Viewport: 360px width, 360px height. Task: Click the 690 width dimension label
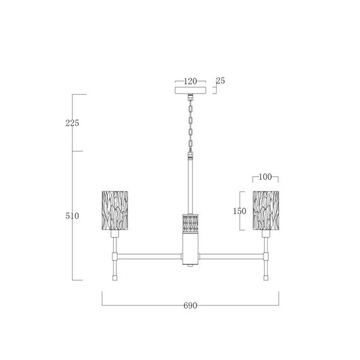pyautogui.click(x=190, y=305)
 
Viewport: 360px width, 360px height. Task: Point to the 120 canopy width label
pyautogui.click(x=190, y=81)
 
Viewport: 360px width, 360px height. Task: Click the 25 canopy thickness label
pyautogui.click(x=220, y=81)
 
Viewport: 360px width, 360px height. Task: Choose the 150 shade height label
pyautogui.click(x=239, y=212)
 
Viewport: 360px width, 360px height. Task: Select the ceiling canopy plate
pyautogui.click(x=190, y=90)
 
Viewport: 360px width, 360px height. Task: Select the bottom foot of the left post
pyautogui.click(x=115, y=277)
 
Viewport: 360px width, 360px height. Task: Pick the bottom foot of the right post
pyautogui.click(x=266, y=277)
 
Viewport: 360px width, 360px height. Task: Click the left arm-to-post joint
pyautogui.click(x=115, y=256)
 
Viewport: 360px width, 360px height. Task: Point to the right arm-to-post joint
pyautogui.click(x=266, y=256)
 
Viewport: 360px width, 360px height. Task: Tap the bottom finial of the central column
pyautogui.click(x=190, y=266)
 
